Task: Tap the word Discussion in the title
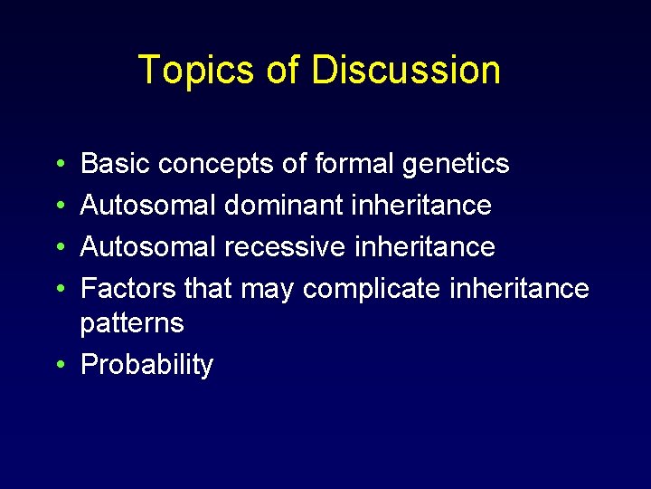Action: (406, 71)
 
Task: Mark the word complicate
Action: (373, 289)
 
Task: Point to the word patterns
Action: (132, 323)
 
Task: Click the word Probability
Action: (146, 365)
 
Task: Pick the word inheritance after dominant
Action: (418, 206)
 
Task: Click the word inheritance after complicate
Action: (519, 288)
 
